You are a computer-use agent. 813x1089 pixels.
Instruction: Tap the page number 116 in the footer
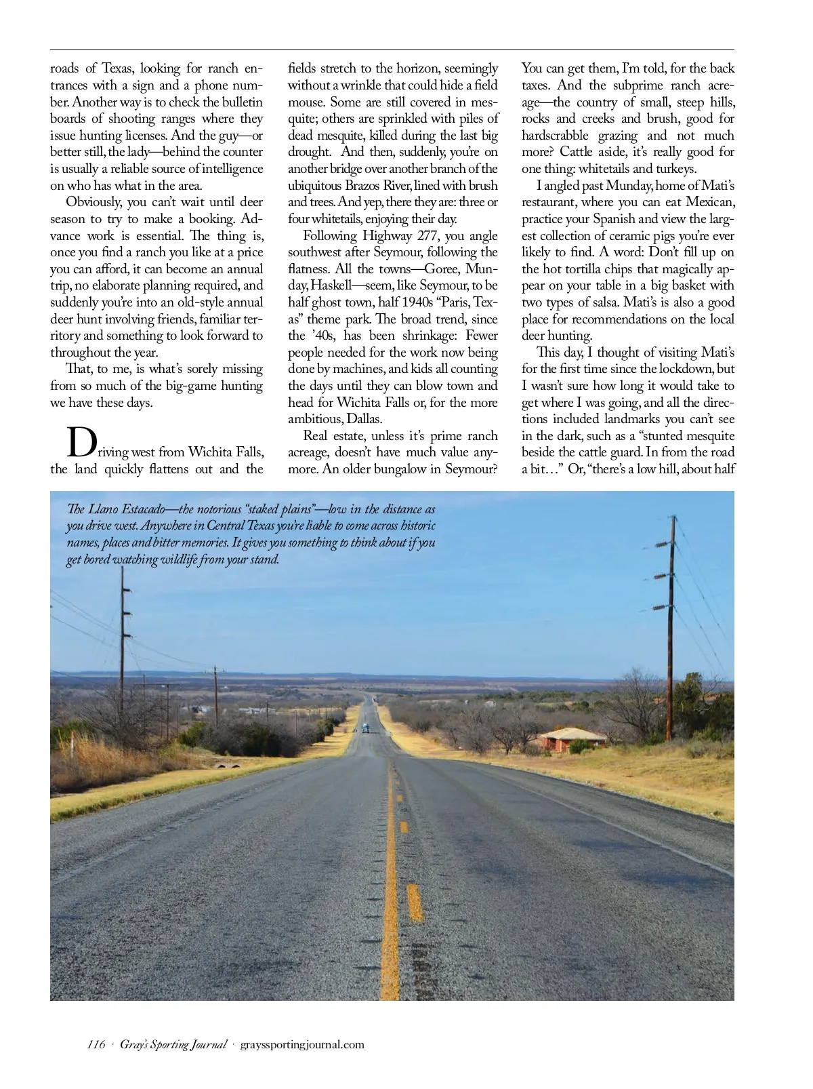pos(96,1044)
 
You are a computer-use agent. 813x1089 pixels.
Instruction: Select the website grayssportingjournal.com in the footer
pos(302,1044)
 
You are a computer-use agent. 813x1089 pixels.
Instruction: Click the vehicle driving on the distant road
pos(366,728)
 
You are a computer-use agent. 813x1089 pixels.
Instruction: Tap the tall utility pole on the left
pos(123,637)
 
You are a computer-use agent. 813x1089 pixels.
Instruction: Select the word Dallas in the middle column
pos(364,419)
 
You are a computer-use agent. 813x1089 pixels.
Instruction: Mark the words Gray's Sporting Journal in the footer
pos(173,1044)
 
